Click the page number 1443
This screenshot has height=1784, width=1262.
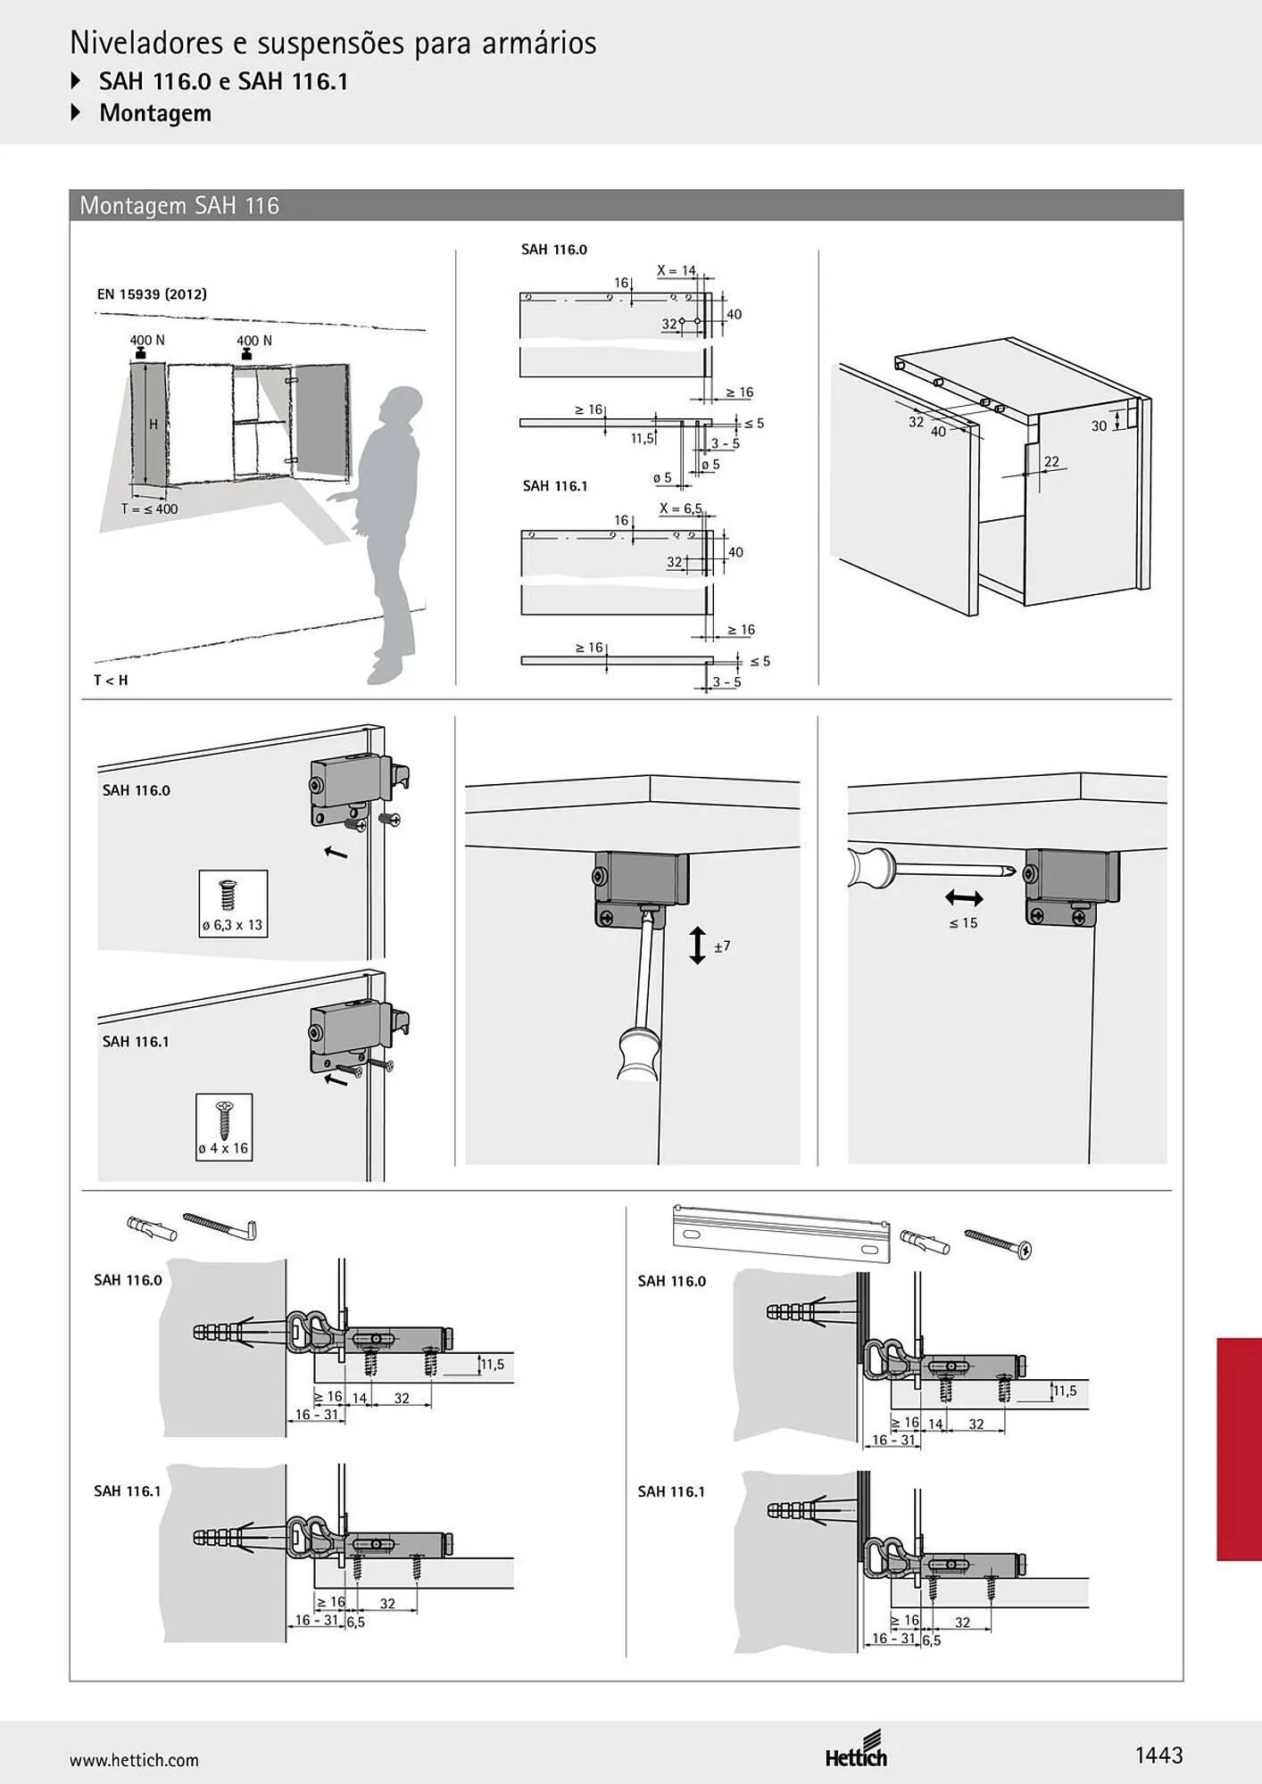pos(1158,1755)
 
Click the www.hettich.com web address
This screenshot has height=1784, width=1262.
pos(134,1760)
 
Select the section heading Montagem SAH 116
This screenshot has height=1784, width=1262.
pos(179,206)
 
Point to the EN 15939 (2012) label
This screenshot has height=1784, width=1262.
pos(152,293)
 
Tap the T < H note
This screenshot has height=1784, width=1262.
pos(111,680)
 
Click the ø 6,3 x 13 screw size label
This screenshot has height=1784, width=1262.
pos(232,925)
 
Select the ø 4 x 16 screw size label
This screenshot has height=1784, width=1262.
pos(223,1148)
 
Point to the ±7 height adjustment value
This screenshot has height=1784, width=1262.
pos(722,946)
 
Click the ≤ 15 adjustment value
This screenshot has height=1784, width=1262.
pos(963,923)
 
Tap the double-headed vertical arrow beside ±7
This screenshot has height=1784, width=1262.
pos(697,946)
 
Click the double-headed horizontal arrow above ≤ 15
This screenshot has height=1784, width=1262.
pos(964,898)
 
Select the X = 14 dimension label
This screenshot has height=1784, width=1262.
pos(676,270)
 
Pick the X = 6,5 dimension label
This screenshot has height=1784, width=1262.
pos(680,508)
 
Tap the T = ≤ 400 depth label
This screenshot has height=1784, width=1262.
pos(149,509)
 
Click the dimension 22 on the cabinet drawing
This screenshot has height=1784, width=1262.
pos(1051,461)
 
